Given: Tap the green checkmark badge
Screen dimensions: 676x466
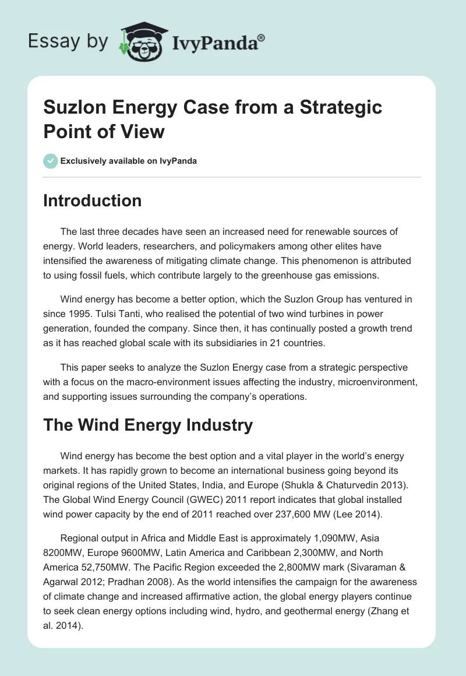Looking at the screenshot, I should tap(51, 161).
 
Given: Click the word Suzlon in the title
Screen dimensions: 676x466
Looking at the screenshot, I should tap(75, 107).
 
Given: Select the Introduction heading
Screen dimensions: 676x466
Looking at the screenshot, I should tap(93, 200).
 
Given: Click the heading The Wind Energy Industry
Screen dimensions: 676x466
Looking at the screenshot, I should tap(148, 425).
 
